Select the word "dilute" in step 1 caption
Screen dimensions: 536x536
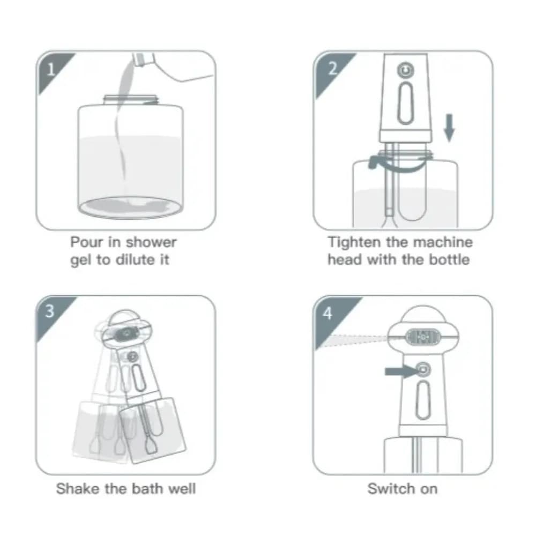click(135, 260)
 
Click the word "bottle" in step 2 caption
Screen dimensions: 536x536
click(449, 259)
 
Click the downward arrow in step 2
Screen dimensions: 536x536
click(449, 128)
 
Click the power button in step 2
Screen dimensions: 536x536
click(406, 70)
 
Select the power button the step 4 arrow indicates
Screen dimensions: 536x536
click(423, 369)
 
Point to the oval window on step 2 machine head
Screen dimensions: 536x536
click(405, 103)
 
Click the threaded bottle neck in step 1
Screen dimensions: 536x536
click(131, 100)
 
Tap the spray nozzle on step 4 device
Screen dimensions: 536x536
click(423, 337)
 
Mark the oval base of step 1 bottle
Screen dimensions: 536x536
click(131, 207)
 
